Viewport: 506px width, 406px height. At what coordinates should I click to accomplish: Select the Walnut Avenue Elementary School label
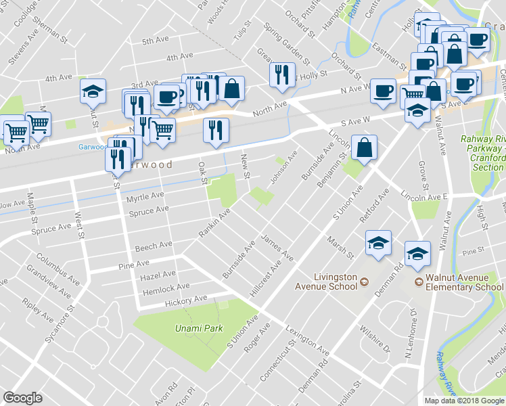pyautogui.click(x=464, y=282)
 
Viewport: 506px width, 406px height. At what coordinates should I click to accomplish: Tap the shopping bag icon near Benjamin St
pyautogui.click(x=364, y=149)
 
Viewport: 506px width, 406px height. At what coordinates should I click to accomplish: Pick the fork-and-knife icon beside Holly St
pyautogui.click(x=281, y=74)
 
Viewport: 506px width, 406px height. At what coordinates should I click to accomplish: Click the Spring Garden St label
pyautogui.click(x=281, y=40)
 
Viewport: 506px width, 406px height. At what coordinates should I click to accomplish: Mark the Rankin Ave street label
pyautogui.click(x=214, y=223)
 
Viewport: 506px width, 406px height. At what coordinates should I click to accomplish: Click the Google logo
pyautogui.click(x=22, y=398)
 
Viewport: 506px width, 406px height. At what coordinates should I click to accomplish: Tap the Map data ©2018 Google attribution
pyautogui.click(x=463, y=401)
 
